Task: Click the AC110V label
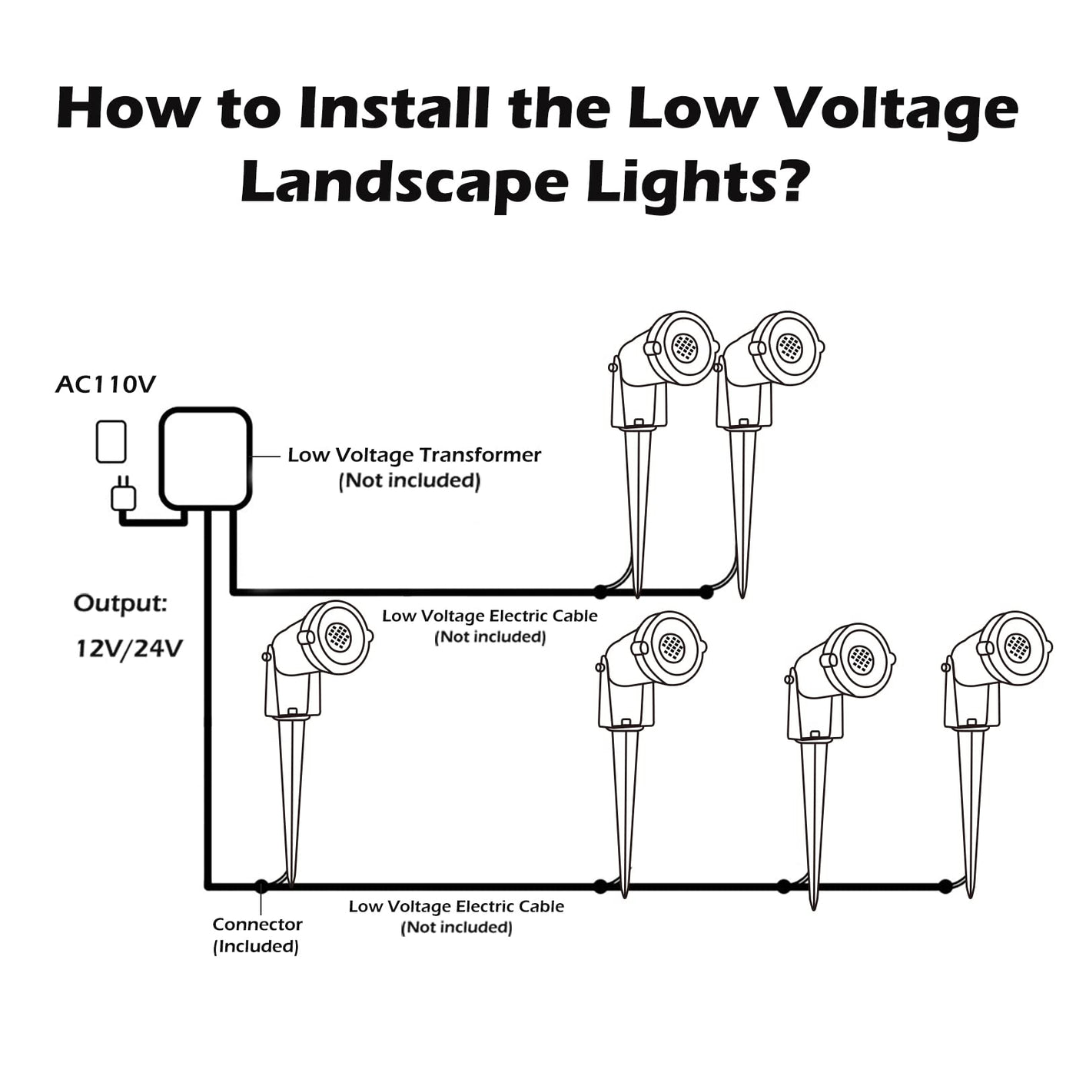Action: coord(105,385)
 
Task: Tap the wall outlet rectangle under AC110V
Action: coord(111,442)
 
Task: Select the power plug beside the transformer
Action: coord(123,496)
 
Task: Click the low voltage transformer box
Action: coord(205,459)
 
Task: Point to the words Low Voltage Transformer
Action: coord(414,455)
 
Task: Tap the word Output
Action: coord(120,604)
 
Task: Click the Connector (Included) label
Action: coord(257,935)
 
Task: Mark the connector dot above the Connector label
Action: coord(261,886)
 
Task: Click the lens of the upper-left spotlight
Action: coord(683,347)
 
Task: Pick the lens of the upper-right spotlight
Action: coord(789,347)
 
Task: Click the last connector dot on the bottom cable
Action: coord(945,886)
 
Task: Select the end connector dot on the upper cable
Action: coord(706,592)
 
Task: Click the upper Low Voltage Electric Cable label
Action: coord(490,616)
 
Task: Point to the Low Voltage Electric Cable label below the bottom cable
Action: coord(456,907)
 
